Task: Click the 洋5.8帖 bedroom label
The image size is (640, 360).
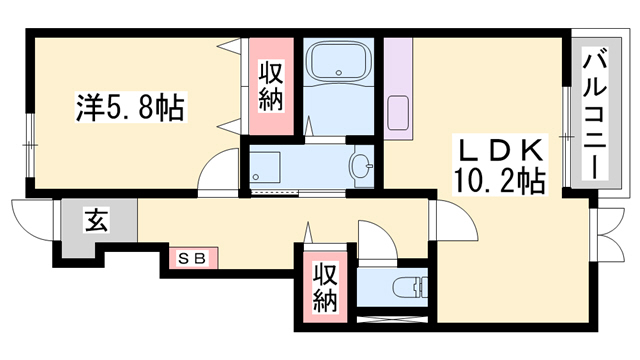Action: (x=130, y=107)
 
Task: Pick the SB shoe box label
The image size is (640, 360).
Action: (x=191, y=258)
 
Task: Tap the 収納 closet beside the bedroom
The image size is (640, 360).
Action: (x=271, y=87)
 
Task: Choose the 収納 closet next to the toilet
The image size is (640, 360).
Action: (x=323, y=286)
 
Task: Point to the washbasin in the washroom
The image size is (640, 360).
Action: (x=362, y=166)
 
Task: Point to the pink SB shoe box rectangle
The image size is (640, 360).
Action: (x=191, y=258)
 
